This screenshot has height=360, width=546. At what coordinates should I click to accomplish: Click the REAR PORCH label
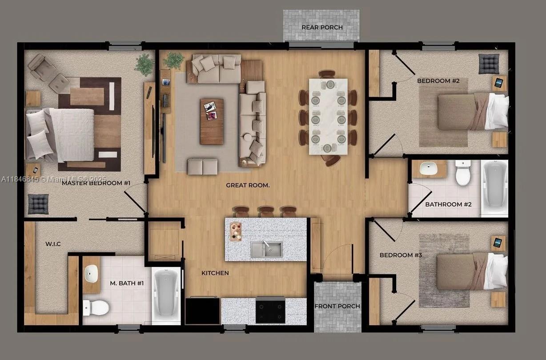322,28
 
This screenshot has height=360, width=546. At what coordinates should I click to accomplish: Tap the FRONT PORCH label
337,306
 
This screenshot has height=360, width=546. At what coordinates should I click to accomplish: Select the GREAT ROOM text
248,185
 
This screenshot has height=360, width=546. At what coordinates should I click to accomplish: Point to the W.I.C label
53,244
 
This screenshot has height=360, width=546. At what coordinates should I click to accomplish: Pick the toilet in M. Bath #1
96,307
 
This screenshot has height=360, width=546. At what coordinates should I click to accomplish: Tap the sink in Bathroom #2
429,168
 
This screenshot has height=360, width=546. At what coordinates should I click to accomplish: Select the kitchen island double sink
266,249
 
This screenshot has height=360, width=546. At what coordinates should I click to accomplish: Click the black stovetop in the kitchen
270,310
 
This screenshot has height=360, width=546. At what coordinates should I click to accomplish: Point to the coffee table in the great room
211,121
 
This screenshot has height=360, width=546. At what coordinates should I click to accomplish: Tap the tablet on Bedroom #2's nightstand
499,83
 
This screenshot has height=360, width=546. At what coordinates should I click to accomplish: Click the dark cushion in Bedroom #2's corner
489,64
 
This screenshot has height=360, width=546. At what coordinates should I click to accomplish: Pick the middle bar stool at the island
266,211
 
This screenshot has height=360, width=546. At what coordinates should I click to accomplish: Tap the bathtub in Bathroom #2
494,187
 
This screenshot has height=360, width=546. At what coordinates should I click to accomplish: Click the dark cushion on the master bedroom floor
38,204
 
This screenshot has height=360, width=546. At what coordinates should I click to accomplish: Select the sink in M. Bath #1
91,273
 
